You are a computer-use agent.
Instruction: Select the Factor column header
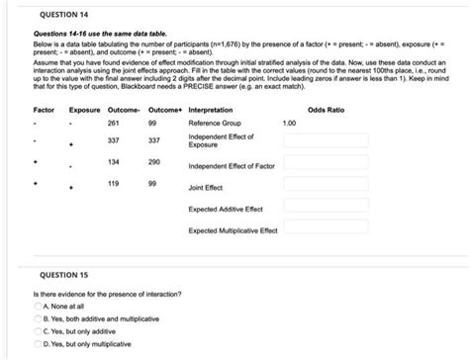[44, 109]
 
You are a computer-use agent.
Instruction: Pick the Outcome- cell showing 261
[113, 124]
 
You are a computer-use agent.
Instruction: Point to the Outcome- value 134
[113, 161]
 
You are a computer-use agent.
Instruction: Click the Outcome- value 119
[113, 185]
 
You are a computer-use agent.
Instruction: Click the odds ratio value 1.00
[289, 124]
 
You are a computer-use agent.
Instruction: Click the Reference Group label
[215, 124]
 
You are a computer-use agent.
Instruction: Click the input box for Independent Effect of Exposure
[326, 140]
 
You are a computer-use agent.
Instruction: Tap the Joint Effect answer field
[326, 186]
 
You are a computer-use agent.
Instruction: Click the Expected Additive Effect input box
[326, 209]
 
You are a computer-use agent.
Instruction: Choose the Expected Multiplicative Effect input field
[326, 231]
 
